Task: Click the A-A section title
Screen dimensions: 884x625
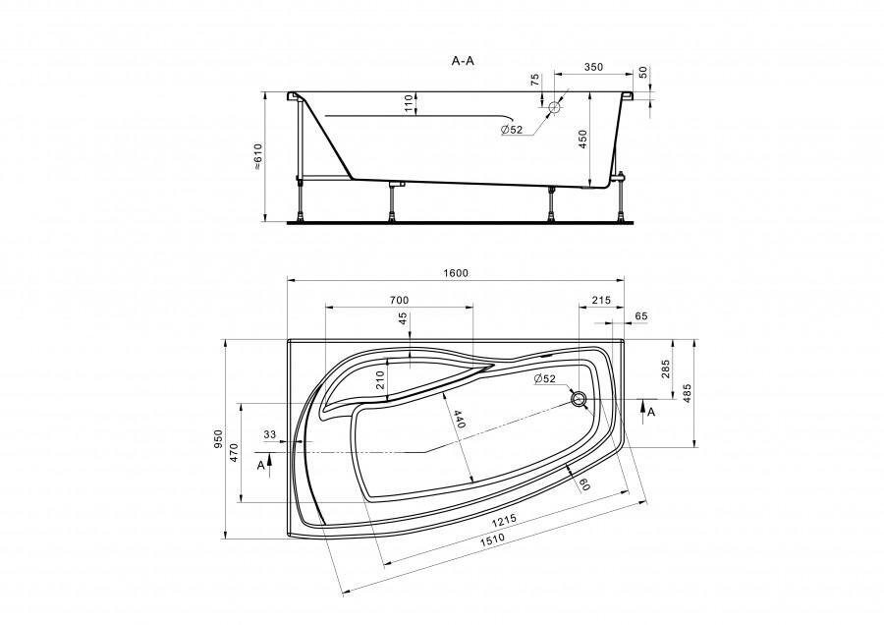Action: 463,61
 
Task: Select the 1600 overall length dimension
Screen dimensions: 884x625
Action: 456,273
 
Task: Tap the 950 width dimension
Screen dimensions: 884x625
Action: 219,438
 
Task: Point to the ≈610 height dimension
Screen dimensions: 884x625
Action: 257,156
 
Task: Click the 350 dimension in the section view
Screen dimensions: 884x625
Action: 593,67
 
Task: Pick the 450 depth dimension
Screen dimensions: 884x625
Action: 582,139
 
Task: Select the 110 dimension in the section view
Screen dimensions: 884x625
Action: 410,103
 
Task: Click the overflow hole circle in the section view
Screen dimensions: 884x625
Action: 555,107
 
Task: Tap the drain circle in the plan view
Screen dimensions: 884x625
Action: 579,399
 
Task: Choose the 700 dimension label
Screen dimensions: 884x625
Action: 399,300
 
